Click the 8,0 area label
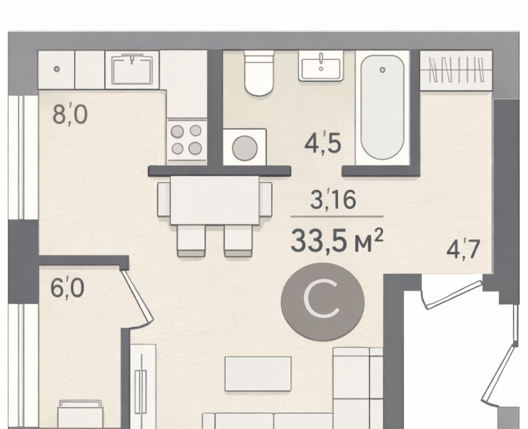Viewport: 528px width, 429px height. point(70,114)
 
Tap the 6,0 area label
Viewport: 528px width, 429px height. point(67,288)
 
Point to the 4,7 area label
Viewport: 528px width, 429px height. point(463,249)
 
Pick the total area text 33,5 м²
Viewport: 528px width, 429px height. point(337,240)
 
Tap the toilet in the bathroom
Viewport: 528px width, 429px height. point(258,73)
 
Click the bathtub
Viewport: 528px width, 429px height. point(382,108)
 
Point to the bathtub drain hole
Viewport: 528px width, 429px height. point(382,70)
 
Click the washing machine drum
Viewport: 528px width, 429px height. point(245,148)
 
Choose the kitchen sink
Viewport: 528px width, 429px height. point(132,69)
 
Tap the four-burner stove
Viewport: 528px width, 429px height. point(186,139)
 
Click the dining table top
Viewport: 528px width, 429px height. point(215,200)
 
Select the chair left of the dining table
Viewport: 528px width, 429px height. point(164,199)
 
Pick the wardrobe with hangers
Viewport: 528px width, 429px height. point(457,70)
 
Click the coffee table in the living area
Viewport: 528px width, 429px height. point(258,374)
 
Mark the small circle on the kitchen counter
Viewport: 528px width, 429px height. point(57,69)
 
